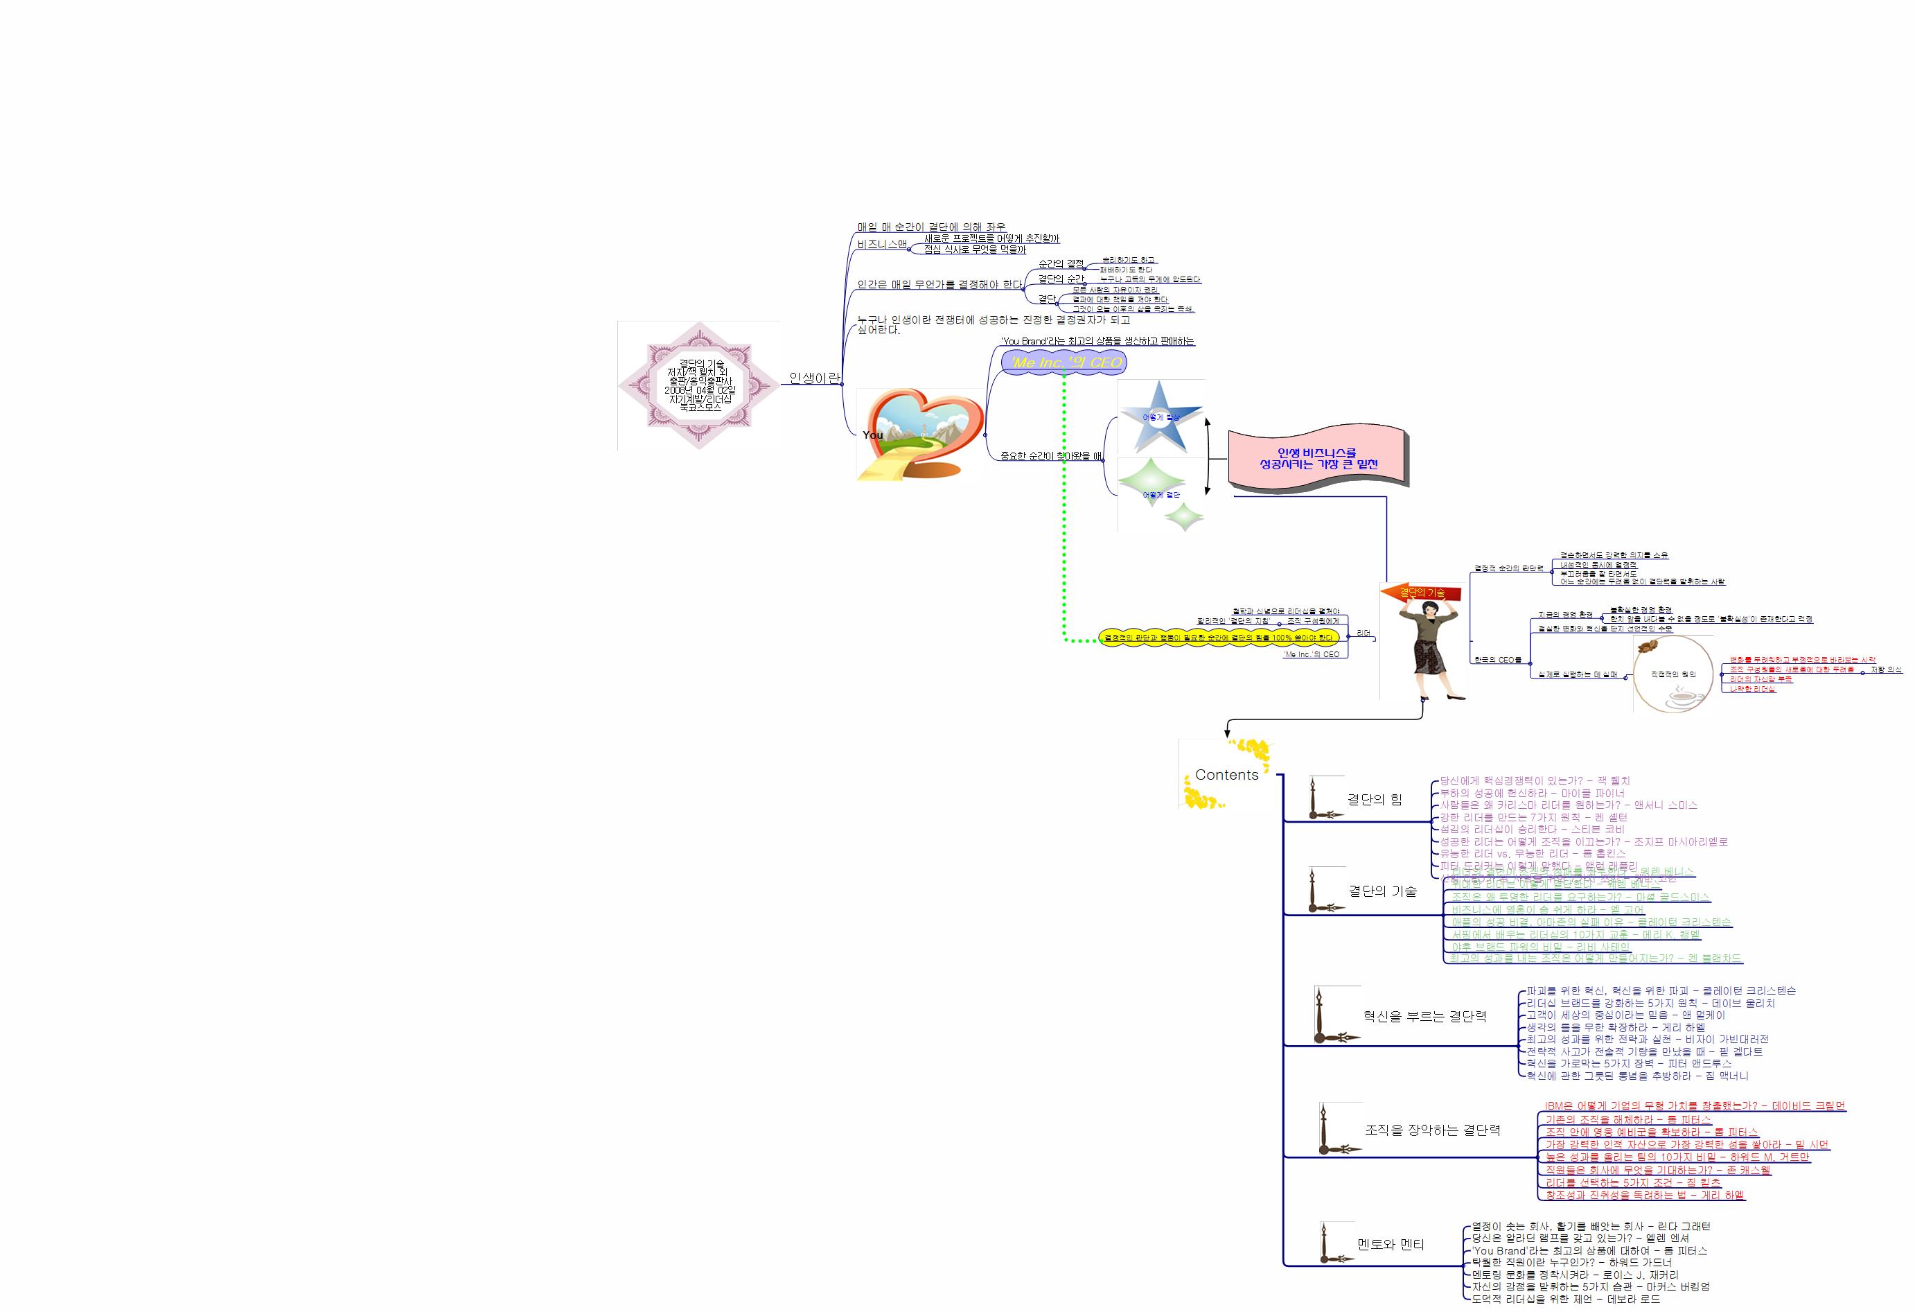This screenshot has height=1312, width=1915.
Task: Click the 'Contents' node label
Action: (x=1226, y=775)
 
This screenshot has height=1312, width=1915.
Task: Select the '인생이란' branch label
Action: (x=814, y=378)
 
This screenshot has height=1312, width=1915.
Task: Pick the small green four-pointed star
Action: (x=1185, y=517)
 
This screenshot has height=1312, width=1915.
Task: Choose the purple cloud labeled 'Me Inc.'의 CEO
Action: (x=1065, y=362)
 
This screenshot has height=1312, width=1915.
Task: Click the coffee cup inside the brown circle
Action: (x=1681, y=697)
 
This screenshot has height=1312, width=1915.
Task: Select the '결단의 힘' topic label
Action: (x=1374, y=798)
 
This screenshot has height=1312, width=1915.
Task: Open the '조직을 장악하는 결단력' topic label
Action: (x=1432, y=1130)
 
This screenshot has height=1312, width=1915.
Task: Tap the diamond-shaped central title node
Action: (x=700, y=385)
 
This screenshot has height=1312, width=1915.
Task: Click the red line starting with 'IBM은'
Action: (x=1694, y=1106)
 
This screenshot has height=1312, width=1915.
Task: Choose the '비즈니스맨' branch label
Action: (x=881, y=244)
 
